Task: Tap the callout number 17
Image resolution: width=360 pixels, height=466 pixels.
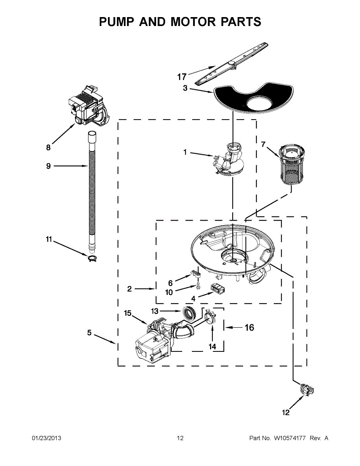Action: click(182, 76)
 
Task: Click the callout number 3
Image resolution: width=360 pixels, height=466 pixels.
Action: click(185, 89)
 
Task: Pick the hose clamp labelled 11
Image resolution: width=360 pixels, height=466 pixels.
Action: click(92, 259)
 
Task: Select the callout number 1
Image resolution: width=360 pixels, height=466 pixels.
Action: click(185, 153)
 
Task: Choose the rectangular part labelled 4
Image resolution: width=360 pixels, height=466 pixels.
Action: click(218, 289)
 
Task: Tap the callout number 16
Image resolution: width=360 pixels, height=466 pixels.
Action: click(249, 328)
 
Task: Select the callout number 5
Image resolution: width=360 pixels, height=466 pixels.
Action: click(90, 333)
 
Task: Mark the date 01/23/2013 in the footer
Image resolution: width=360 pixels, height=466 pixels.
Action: click(46, 438)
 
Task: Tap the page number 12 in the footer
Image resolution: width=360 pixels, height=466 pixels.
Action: click(180, 438)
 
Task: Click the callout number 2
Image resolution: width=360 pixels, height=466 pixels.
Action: click(130, 289)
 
